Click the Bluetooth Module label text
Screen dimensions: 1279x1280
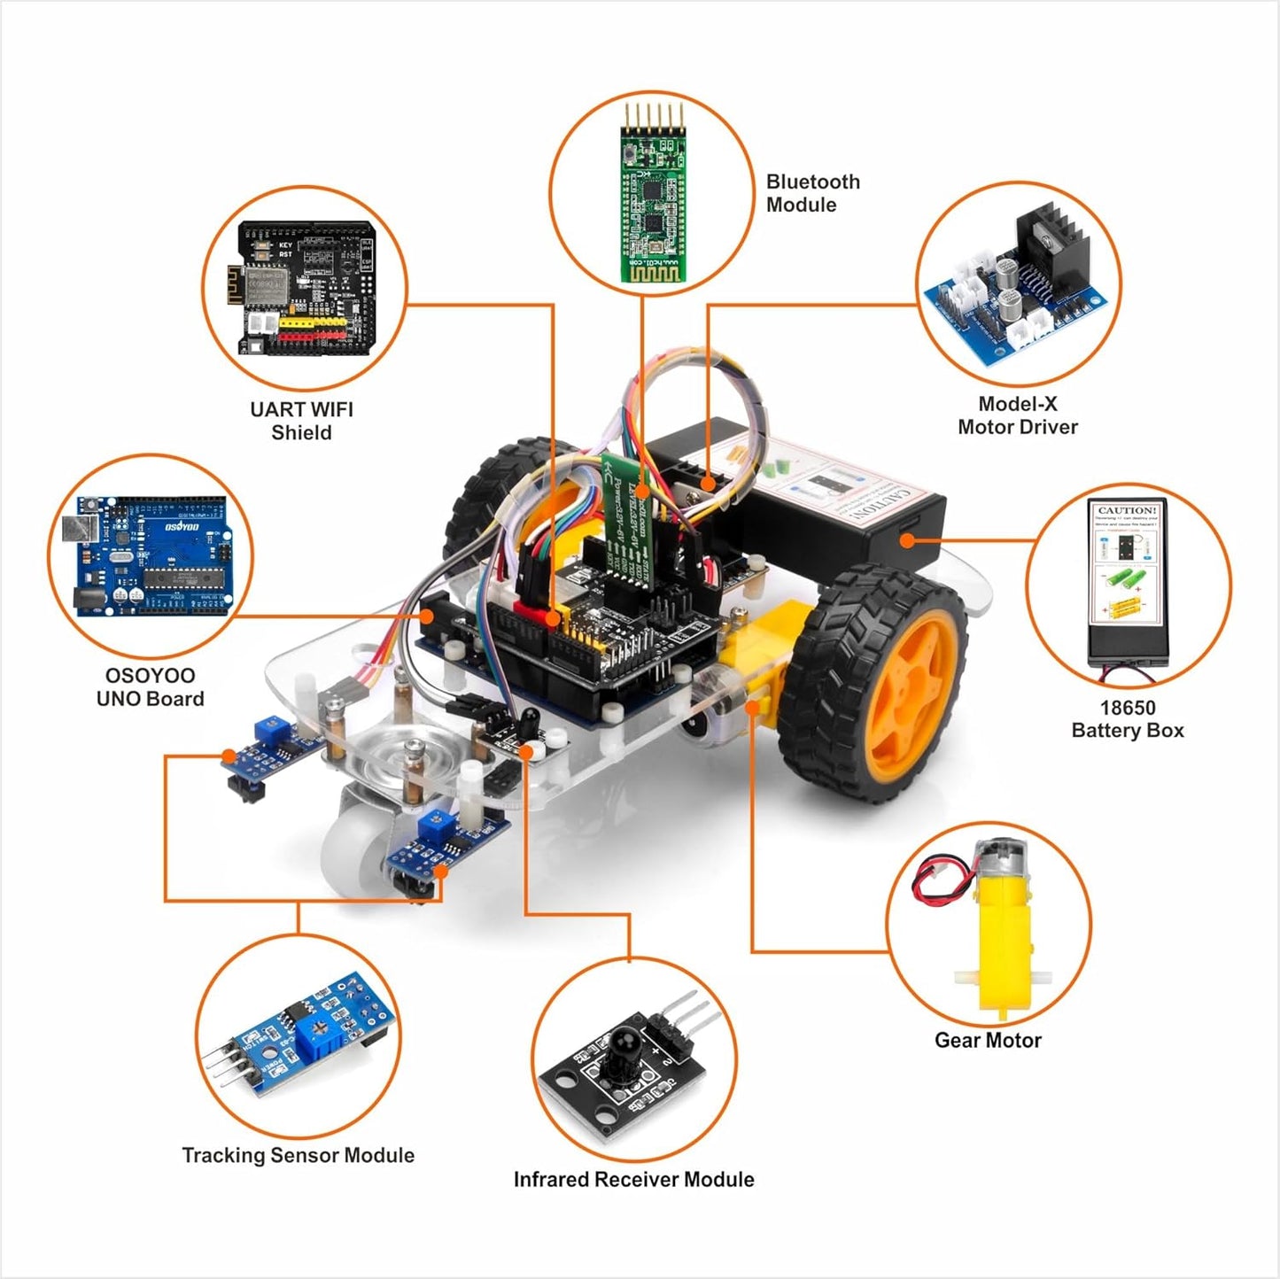[x=812, y=193]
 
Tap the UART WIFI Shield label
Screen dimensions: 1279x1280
[x=301, y=421]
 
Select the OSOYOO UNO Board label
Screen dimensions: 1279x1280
[x=150, y=686]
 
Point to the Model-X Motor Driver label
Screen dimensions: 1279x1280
[x=1017, y=415]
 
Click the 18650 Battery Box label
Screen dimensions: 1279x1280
[x=1127, y=719]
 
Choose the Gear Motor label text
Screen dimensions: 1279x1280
[x=988, y=1041]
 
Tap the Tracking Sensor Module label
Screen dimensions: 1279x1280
[x=298, y=1155]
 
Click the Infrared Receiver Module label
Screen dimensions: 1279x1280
[x=633, y=1179]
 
